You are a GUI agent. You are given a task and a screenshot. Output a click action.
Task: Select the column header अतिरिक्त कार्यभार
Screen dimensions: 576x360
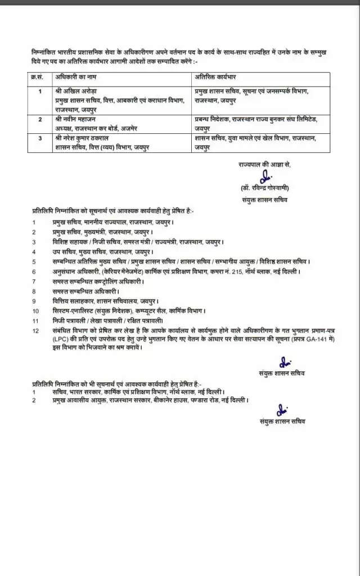tap(217, 76)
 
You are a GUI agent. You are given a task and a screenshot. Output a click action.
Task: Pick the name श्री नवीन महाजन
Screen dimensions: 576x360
tap(76, 119)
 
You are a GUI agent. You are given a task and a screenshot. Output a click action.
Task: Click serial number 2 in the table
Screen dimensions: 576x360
tap(40, 119)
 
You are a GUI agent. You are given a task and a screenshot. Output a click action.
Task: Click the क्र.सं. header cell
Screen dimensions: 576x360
tap(38, 76)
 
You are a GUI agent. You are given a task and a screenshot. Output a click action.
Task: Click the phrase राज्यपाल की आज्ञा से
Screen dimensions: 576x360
tap(265, 164)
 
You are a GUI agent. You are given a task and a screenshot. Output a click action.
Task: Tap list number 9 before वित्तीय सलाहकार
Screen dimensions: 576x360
tap(34, 301)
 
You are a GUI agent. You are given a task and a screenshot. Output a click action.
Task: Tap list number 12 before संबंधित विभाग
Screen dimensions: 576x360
tap(36, 330)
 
